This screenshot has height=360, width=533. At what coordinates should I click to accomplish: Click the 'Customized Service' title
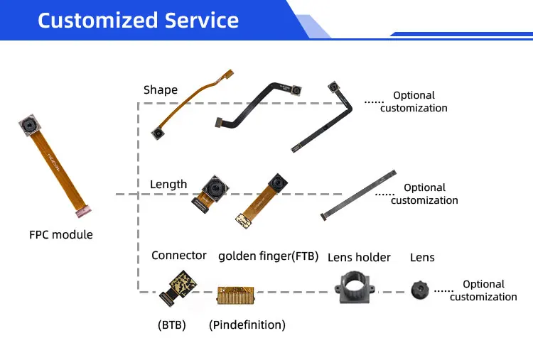[x=138, y=20]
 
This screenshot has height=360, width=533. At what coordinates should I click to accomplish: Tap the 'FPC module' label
[x=61, y=234]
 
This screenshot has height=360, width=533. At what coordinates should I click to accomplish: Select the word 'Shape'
[x=161, y=89]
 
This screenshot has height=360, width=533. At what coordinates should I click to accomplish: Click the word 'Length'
[x=168, y=185]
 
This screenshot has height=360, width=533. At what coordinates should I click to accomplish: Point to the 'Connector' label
[x=179, y=255]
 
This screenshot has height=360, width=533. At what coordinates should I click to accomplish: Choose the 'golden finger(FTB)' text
[x=268, y=256]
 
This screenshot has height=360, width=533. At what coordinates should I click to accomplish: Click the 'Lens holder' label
[x=359, y=257]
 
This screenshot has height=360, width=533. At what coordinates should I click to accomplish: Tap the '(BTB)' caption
[x=171, y=324]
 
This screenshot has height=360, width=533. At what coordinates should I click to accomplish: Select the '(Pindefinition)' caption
[x=247, y=324]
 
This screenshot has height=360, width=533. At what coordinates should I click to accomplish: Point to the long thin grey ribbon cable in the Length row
[x=358, y=194]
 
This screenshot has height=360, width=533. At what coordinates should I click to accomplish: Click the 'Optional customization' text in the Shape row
[x=414, y=102]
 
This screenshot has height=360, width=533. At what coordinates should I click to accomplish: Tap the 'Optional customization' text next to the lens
[x=483, y=290]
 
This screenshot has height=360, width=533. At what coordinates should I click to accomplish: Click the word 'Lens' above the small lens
[x=422, y=257]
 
